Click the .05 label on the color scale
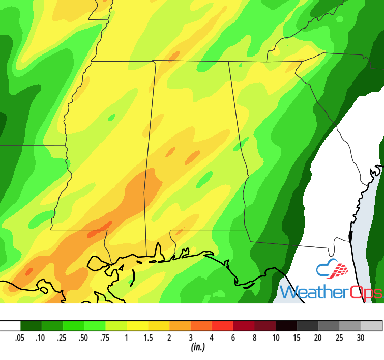[21, 338]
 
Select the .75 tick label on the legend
[106, 338]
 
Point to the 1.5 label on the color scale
[148, 338]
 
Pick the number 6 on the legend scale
[233, 338]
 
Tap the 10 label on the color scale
[276, 338]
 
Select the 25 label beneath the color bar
[340, 338]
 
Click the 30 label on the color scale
[361, 338]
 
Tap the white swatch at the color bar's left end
[10, 326]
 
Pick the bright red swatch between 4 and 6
[223, 326]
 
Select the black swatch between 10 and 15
[287, 326]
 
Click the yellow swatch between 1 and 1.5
[138, 326]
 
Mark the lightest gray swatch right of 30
[371, 326]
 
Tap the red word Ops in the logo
[363, 293]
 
